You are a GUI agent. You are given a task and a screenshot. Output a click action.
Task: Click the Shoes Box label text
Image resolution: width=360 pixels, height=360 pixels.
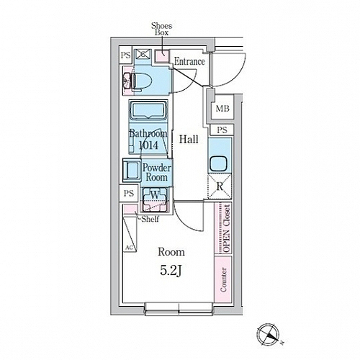[x=162, y=29]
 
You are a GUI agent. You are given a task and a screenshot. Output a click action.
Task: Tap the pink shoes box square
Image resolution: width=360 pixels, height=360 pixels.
[x=161, y=56]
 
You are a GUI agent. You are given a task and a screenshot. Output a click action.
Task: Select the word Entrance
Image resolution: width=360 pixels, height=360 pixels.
[x=189, y=61]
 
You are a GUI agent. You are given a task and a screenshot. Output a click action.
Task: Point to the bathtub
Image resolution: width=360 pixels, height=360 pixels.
[x=148, y=110]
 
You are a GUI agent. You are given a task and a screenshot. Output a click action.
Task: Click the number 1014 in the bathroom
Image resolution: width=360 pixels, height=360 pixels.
[x=148, y=145]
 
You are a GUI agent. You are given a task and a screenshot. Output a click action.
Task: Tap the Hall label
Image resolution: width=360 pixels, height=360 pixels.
[x=189, y=139]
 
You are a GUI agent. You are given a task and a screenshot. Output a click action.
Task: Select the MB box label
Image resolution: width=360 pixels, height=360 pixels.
[x=222, y=109]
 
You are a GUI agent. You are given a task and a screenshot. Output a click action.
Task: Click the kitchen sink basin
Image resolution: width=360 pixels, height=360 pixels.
[x=218, y=163]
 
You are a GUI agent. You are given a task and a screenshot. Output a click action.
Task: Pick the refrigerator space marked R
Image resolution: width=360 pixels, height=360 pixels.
[x=220, y=186]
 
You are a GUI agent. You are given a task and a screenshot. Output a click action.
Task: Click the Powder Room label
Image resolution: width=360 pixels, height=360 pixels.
[x=157, y=173]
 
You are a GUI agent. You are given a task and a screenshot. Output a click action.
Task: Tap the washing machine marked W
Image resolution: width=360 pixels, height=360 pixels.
[x=155, y=199]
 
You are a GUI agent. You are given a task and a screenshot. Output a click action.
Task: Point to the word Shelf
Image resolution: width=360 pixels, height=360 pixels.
[x=150, y=219]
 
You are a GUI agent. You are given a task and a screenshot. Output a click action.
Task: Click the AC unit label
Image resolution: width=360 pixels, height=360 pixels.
[x=130, y=248]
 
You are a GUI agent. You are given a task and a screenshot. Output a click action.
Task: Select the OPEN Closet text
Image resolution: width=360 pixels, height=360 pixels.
[x=227, y=228]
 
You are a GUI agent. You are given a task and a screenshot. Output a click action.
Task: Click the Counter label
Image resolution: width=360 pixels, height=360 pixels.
[x=223, y=279]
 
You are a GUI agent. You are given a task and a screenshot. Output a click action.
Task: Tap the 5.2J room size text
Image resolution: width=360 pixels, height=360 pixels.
[x=170, y=271]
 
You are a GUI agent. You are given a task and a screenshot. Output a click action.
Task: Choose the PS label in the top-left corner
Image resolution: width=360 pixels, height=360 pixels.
[x=125, y=55]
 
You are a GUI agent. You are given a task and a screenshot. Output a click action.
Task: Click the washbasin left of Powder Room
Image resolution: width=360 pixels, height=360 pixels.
[x=132, y=170]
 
